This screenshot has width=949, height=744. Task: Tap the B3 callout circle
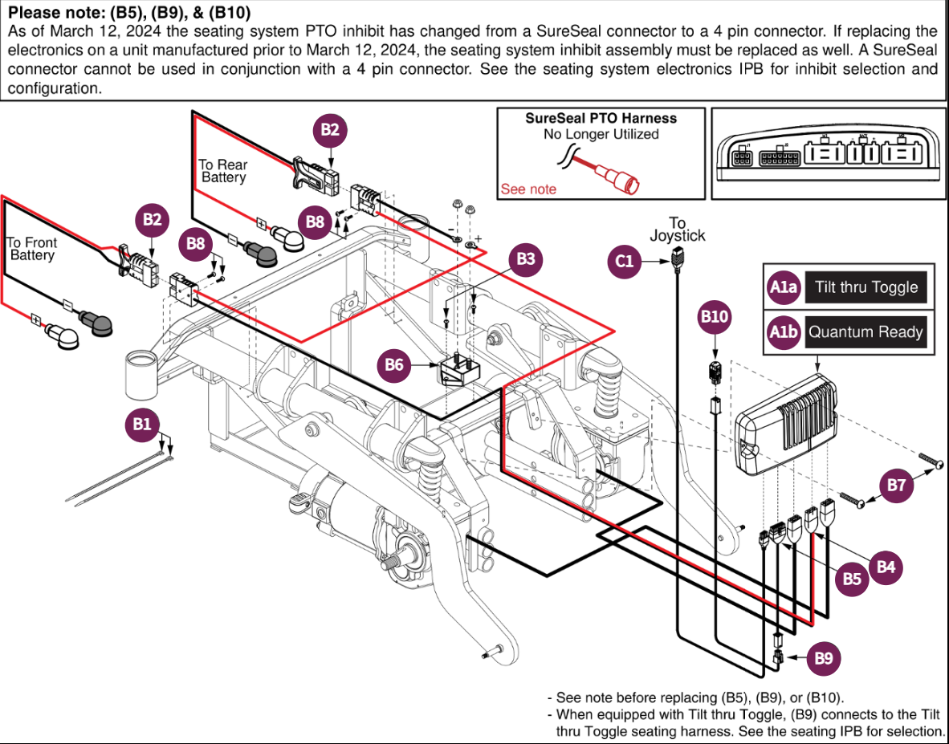pyautogui.click(x=526, y=259)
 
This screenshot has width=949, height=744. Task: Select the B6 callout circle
pyautogui.click(x=394, y=364)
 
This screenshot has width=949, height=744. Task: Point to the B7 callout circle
pyautogui.click(x=897, y=486)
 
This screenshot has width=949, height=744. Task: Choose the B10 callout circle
pyautogui.click(x=715, y=317)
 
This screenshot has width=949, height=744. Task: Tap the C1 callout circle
pyautogui.click(x=625, y=261)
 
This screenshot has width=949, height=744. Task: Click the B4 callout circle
pyautogui.click(x=886, y=567)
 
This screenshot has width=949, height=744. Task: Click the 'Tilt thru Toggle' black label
pyautogui.click(x=866, y=287)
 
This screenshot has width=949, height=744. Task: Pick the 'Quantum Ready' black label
pyautogui.click(x=866, y=332)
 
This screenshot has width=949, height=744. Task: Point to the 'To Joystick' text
pyautogui.click(x=677, y=229)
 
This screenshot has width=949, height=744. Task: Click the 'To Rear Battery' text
pyautogui.click(x=223, y=171)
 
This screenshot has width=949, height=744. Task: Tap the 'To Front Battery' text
pyautogui.click(x=32, y=249)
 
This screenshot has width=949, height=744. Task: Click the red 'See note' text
pyautogui.click(x=528, y=189)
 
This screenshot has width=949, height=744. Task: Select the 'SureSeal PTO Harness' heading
pyautogui.click(x=601, y=118)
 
